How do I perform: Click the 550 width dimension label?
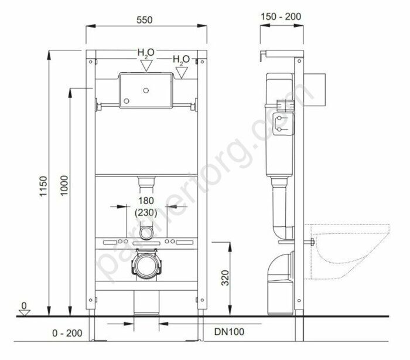click(x=144, y=20)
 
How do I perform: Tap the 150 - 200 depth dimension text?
click(x=281, y=16)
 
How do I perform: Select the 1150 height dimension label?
click(x=43, y=186)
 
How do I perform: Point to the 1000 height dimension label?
click(x=64, y=185)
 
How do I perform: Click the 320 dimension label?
click(x=225, y=278)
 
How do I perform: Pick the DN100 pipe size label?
click(x=230, y=332)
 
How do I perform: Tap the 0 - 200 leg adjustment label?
click(x=67, y=333)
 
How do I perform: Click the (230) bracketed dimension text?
click(x=146, y=213)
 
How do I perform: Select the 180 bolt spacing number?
click(x=146, y=201)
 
